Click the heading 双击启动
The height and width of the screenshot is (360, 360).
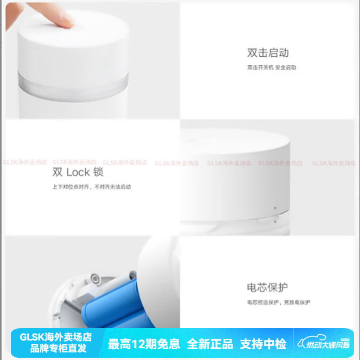click(x=268, y=53)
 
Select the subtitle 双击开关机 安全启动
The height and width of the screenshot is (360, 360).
click(x=271, y=67)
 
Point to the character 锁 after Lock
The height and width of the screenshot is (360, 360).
click(x=99, y=172)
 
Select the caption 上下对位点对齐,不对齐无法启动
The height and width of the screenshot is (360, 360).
click(x=91, y=187)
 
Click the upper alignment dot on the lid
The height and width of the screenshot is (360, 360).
click(x=274, y=208)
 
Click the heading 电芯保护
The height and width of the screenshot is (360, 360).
click(x=267, y=287)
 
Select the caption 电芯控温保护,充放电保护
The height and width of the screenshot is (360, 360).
click(x=278, y=302)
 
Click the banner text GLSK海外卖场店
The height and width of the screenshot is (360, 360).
click(x=56, y=337)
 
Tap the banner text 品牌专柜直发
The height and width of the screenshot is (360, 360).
click(x=56, y=348)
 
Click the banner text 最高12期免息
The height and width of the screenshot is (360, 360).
click(x=144, y=344)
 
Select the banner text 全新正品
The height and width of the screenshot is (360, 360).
click(x=210, y=344)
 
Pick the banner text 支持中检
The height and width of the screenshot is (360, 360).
click(x=263, y=344)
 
